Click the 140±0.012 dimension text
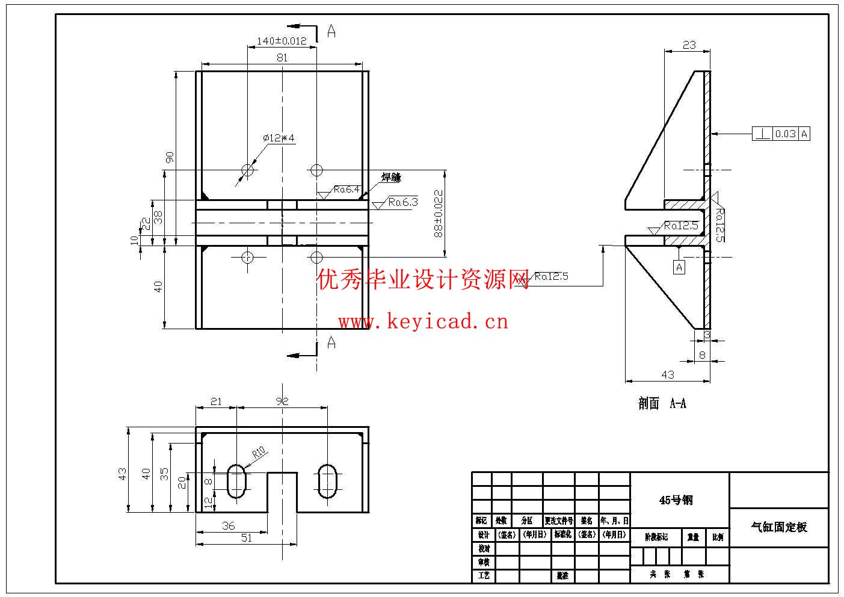282,41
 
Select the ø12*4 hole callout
279,138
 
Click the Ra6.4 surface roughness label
347,190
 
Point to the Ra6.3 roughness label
402,202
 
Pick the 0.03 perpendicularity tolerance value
785,134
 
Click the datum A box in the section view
679,267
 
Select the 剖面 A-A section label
662,404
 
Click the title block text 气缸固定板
778,527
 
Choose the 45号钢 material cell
676,500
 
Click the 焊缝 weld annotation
390,178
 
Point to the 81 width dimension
282,58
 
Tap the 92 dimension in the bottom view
282,401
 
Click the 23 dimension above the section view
689,45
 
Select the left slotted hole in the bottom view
236,480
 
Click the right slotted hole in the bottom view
328,480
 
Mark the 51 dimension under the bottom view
247,538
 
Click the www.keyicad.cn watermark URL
423,322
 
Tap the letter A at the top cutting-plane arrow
331,31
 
